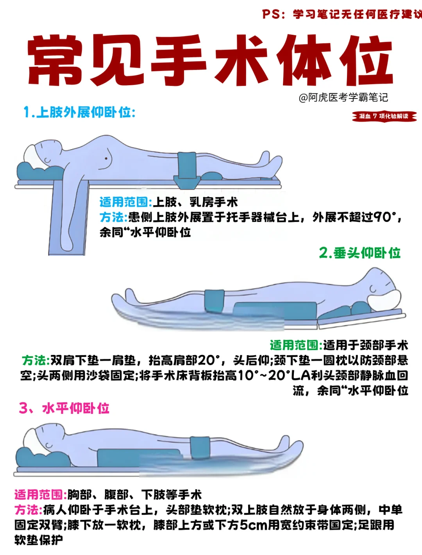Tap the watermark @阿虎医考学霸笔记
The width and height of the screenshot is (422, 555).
pos(343,97)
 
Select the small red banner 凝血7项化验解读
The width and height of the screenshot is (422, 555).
pos(384,116)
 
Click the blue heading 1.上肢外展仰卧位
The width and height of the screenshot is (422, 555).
pos(79,112)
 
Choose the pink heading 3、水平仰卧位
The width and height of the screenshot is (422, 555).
pos(64,408)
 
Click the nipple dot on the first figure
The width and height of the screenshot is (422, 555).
pos(106,159)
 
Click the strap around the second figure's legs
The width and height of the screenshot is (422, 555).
pos(215,301)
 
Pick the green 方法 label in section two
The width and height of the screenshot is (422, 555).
pos(36,360)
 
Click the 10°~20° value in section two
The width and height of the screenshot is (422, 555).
pos(263,376)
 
